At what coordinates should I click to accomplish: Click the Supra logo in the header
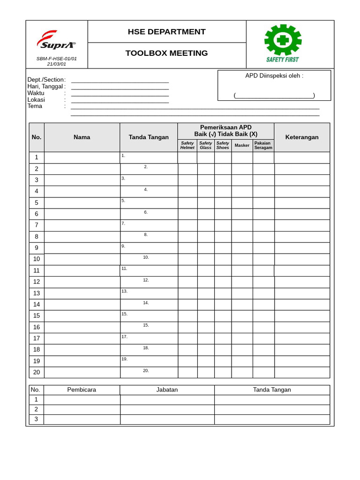(x=56, y=40)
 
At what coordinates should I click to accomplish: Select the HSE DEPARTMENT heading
(x=166, y=32)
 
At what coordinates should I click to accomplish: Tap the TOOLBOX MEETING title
(x=166, y=53)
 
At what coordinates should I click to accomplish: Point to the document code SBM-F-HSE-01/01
(x=56, y=59)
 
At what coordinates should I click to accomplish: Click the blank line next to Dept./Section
(x=120, y=80)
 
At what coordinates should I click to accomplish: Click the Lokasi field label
(x=36, y=99)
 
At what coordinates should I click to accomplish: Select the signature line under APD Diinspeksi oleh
(x=274, y=96)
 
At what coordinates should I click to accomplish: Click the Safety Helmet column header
(x=187, y=145)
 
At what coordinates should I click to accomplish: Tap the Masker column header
(x=242, y=145)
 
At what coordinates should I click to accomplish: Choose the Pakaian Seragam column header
(x=263, y=145)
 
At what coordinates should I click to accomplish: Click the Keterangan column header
(x=302, y=137)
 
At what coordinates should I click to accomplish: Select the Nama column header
(x=82, y=137)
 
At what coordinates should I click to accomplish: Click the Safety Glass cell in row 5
(x=206, y=202)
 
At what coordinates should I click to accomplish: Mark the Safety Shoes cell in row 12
(x=223, y=282)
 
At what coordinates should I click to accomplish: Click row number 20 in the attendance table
(x=37, y=372)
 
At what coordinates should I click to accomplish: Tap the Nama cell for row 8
(x=82, y=236)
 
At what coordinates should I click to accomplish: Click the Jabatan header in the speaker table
(x=167, y=390)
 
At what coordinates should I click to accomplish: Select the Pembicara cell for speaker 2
(x=82, y=409)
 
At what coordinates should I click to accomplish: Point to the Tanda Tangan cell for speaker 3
(x=272, y=419)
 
